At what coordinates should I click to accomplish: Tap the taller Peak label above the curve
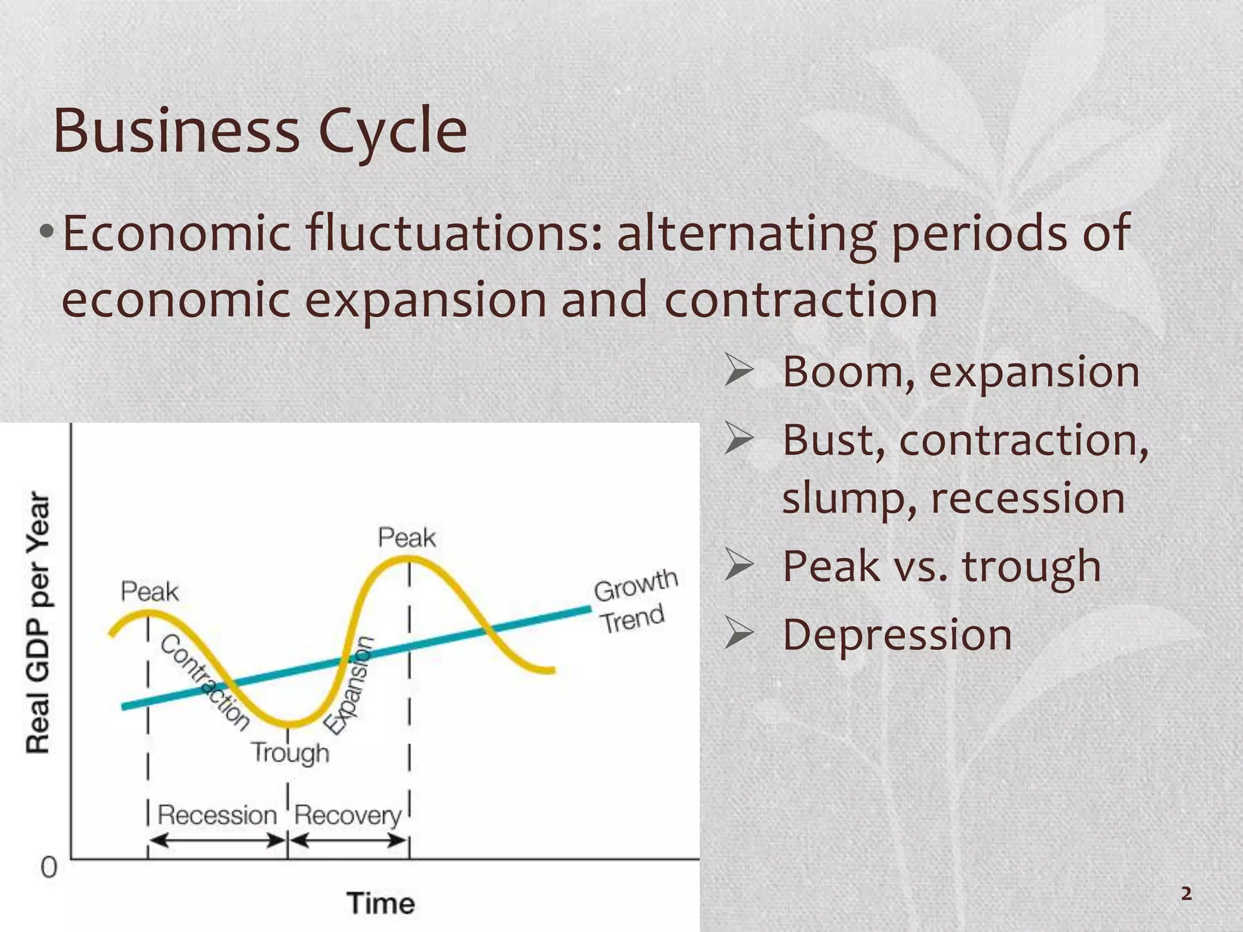click(x=407, y=538)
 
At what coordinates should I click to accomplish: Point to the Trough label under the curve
click(x=290, y=753)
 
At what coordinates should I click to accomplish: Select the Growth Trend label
click(x=634, y=601)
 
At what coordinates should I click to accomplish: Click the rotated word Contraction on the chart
click(x=205, y=683)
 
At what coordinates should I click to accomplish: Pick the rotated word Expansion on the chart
click(x=348, y=685)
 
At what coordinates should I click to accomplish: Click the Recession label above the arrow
click(x=217, y=815)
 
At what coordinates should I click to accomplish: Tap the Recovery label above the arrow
click(x=348, y=815)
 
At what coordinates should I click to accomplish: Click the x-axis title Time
click(x=381, y=903)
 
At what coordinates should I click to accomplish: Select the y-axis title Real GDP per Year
click(x=38, y=622)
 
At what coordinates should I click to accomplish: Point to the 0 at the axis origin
click(x=49, y=868)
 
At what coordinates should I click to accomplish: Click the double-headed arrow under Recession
click(x=217, y=841)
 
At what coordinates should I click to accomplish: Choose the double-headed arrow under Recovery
click(x=348, y=841)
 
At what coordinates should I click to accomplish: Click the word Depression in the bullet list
click(x=897, y=635)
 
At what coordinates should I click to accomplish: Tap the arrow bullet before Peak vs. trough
click(x=739, y=567)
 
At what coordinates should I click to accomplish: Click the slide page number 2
click(x=1186, y=894)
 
